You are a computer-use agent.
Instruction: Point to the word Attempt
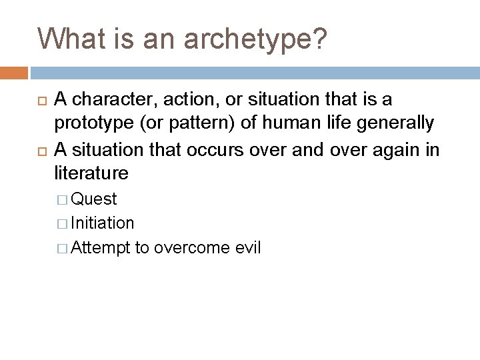click(97, 248)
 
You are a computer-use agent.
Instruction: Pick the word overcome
click(193, 248)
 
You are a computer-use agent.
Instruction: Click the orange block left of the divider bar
click(14, 72)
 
